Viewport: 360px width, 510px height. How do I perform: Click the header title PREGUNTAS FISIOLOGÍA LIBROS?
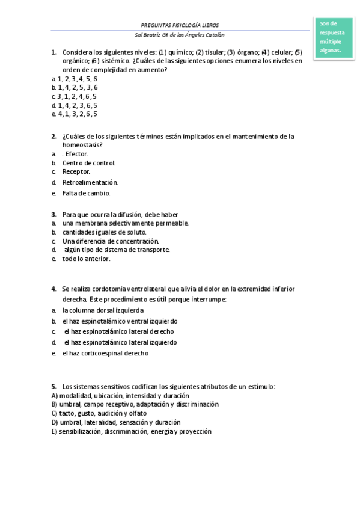(179, 26)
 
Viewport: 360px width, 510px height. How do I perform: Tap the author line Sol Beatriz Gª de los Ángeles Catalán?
(179, 35)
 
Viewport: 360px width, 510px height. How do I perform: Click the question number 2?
(53, 137)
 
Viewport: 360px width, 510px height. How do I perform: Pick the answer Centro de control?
(88, 163)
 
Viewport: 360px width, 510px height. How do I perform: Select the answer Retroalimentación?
(90, 182)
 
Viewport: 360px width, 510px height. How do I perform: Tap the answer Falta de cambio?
(86, 194)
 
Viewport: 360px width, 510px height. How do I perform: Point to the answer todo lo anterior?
(86, 259)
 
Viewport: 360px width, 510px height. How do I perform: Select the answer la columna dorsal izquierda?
(103, 310)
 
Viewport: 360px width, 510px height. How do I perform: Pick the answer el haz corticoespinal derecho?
(105, 354)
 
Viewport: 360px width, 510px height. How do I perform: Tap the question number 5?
(53, 387)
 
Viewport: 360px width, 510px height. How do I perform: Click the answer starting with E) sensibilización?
(131, 431)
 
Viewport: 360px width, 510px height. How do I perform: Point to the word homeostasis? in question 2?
(82, 145)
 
